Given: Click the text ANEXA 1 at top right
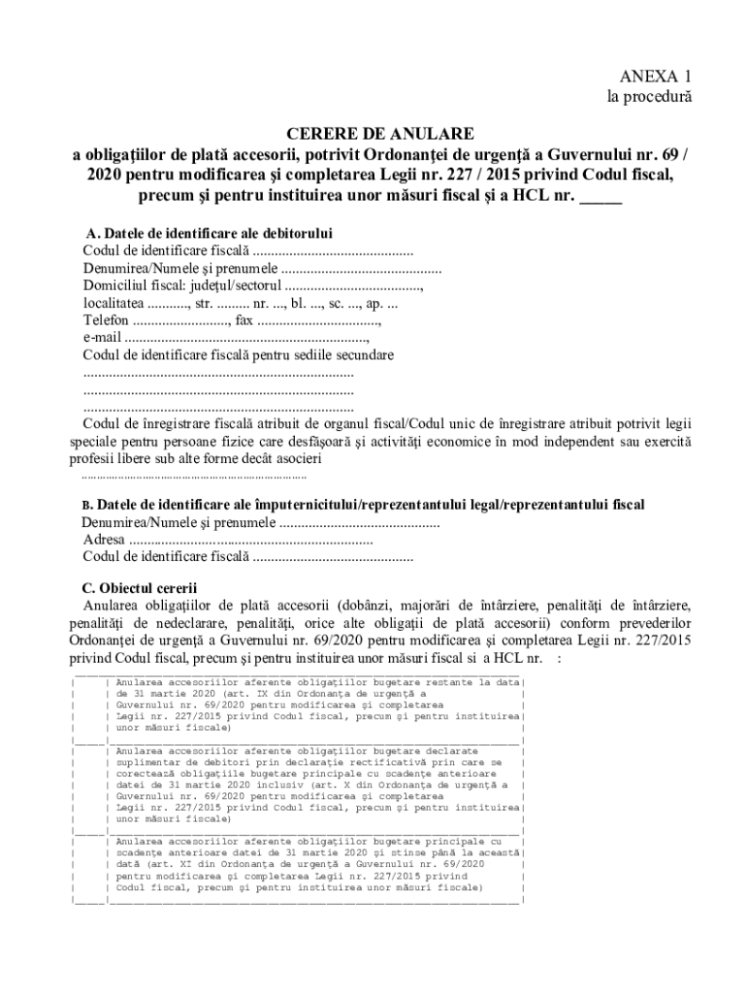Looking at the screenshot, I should [656, 76].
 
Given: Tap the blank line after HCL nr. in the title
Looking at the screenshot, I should [601, 198].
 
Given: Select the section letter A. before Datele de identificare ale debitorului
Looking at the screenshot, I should [92, 234].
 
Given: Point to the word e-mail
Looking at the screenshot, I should [102, 338].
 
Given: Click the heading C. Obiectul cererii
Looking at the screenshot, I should [140, 588].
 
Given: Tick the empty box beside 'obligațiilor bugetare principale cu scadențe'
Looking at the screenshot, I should [88, 863].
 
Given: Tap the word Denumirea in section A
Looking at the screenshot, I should [115, 269].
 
